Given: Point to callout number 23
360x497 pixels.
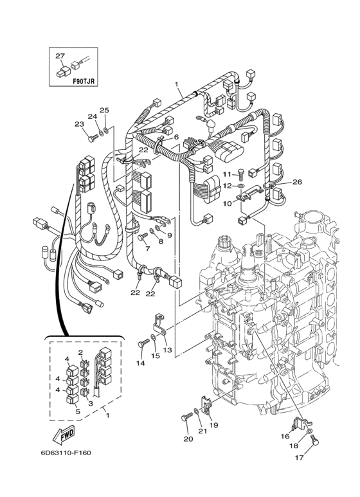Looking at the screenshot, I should coord(79,124).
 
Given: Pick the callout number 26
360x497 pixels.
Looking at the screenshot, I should coord(296,182).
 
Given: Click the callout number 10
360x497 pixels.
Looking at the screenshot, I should coord(227,203).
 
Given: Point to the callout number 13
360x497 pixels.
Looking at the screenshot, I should coord(168,350).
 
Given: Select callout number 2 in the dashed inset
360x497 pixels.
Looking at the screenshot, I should coord(81,352).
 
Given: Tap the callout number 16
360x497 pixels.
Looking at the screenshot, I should coord(285,435).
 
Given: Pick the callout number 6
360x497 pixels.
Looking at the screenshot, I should coord(175,138).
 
